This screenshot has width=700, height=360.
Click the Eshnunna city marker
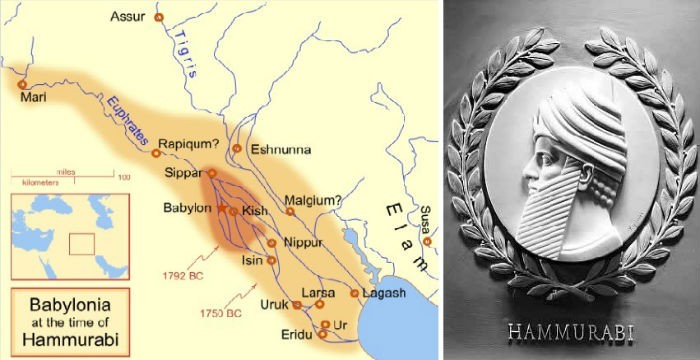[x=237, y=148]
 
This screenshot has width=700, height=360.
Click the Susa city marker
[x=427, y=241]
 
